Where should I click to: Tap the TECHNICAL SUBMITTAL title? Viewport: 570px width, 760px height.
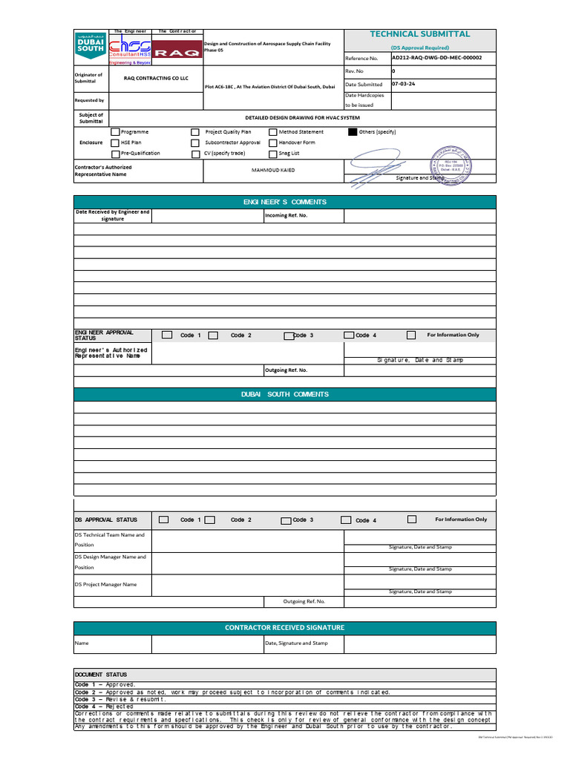[x=419, y=34]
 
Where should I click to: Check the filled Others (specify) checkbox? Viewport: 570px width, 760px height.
[x=353, y=131]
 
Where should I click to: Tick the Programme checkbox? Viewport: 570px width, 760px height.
[x=115, y=131]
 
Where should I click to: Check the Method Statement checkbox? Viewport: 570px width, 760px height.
[x=273, y=131]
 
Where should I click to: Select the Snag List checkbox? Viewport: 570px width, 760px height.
[x=273, y=153]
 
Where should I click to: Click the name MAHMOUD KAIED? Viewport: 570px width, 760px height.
[x=273, y=170]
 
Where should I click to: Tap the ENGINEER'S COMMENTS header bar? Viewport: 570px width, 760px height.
[x=284, y=202]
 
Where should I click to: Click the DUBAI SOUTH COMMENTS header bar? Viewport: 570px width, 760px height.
[x=284, y=394]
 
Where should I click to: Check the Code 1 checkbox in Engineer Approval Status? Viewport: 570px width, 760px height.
[x=167, y=335]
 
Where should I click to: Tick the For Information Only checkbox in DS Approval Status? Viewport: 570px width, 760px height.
[x=412, y=520]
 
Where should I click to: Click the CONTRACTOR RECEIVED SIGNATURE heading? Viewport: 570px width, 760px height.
[x=284, y=627]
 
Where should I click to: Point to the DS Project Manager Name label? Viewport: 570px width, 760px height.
[x=105, y=584]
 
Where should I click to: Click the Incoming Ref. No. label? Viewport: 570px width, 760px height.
[x=286, y=215]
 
